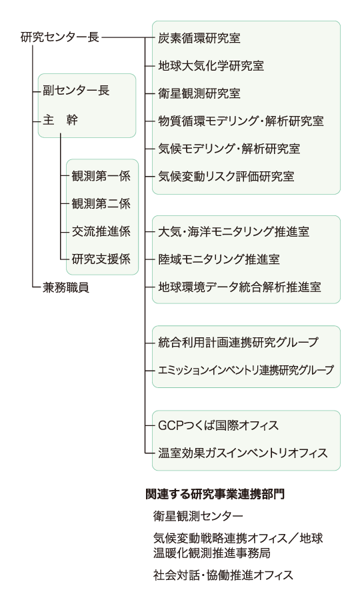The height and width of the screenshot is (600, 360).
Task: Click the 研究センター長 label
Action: click(x=60, y=37)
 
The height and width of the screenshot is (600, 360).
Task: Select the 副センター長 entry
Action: click(x=76, y=91)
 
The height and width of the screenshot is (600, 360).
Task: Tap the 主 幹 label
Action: click(x=61, y=120)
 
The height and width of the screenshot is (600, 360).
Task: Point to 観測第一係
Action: click(x=101, y=176)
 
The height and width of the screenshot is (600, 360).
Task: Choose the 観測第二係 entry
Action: click(x=101, y=203)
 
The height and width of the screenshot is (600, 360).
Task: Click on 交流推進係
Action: click(x=101, y=231)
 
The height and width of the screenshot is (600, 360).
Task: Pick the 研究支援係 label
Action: click(x=101, y=259)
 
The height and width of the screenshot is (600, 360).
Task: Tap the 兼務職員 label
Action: click(x=66, y=287)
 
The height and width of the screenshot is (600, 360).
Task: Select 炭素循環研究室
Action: click(x=199, y=38)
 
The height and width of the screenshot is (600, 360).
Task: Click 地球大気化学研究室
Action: click(x=211, y=66)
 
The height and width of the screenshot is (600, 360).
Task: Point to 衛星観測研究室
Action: click(x=199, y=93)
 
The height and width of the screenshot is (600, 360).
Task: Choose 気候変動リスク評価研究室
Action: click(x=226, y=177)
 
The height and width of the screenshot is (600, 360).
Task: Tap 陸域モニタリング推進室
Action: click(x=219, y=259)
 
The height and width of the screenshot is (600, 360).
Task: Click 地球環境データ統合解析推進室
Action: click(x=239, y=287)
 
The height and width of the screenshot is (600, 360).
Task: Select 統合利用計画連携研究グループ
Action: click(x=239, y=342)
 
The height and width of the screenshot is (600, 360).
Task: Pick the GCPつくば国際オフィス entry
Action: click(x=219, y=425)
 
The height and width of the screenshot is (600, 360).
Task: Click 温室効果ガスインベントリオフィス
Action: click(x=243, y=453)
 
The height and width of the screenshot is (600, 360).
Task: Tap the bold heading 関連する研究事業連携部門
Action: click(x=215, y=494)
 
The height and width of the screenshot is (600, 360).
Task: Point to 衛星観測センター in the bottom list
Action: click(x=198, y=516)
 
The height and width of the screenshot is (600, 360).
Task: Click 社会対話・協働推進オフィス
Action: click(x=223, y=575)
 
